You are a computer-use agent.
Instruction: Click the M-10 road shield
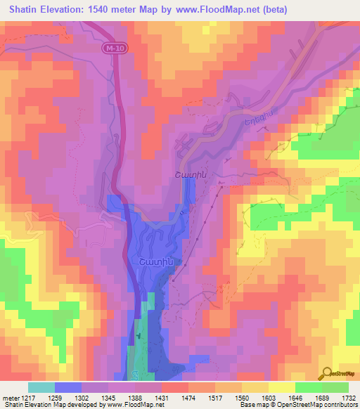112,48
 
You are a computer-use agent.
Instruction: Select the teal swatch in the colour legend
41,387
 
